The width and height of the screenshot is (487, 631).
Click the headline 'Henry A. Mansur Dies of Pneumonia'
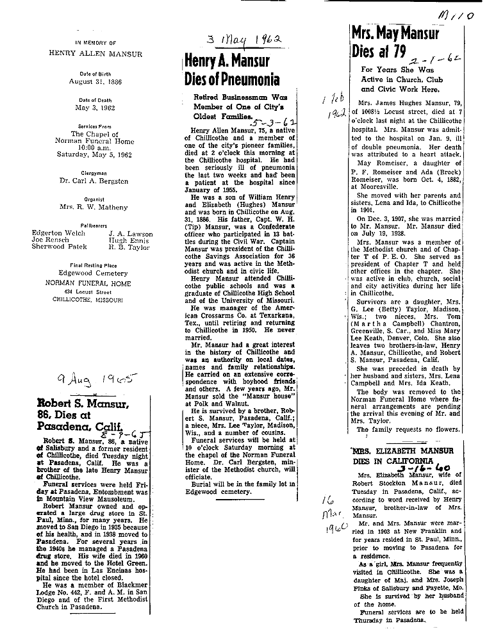click(232, 70)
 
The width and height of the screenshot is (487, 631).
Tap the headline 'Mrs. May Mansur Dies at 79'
click(395, 42)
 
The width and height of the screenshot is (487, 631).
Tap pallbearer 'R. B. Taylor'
click(130, 247)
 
